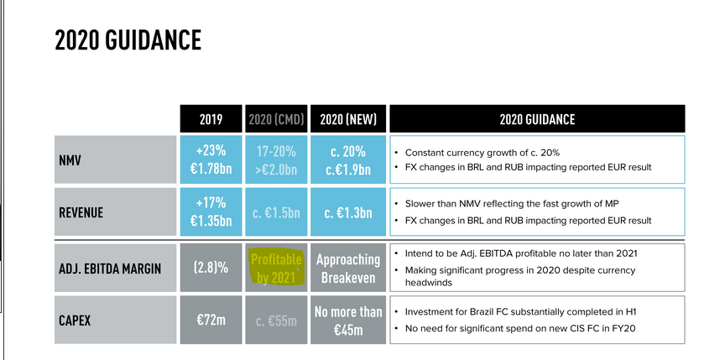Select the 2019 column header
(x=210, y=119)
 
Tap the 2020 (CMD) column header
(x=276, y=119)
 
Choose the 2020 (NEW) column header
(x=347, y=119)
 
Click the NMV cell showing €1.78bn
(x=210, y=159)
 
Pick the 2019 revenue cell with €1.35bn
(x=210, y=212)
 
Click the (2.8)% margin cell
(x=210, y=268)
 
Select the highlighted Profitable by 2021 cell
(x=276, y=268)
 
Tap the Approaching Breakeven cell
(x=347, y=268)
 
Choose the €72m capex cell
(x=210, y=319)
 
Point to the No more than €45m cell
(x=347, y=319)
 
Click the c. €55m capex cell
(x=276, y=320)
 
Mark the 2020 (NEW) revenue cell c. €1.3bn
(x=347, y=212)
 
